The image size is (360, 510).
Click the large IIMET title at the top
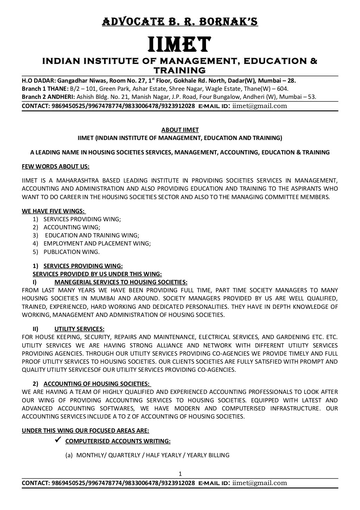click(180, 45)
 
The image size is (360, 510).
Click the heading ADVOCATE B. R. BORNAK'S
click(180, 21)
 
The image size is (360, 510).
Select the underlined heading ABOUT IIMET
click(180, 130)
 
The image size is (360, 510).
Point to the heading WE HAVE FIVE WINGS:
click(54, 211)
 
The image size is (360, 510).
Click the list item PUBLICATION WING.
click(71, 252)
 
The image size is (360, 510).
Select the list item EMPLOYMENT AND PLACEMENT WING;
click(97, 243)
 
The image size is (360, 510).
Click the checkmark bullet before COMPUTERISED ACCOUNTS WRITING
click(59, 439)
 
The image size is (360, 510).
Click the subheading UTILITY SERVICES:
click(79, 329)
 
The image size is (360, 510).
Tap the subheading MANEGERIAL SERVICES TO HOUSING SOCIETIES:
click(121, 282)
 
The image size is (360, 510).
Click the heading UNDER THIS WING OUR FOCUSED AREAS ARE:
click(85, 431)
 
